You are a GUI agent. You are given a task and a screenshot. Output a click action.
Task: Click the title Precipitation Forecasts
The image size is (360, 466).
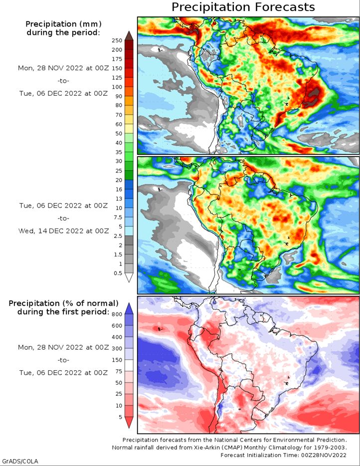[x=243, y=7]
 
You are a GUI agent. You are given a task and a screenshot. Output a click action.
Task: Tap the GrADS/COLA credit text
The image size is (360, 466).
[x=19, y=461]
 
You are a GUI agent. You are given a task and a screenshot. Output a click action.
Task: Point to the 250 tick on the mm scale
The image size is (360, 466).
[x=117, y=41]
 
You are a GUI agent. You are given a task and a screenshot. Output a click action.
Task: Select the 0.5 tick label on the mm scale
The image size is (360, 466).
[x=118, y=273]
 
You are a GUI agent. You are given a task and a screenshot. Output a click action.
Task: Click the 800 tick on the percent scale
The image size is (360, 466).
[x=117, y=314]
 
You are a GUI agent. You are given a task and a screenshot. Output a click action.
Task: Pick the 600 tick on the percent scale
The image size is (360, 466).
[x=117, y=326]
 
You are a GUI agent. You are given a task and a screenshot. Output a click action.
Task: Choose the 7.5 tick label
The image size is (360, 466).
[x=118, y=217]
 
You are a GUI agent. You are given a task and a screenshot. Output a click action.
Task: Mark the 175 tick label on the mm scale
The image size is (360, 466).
[x=117, y=59]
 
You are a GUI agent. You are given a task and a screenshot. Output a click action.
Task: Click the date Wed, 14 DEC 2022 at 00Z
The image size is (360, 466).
[x=63, y=231]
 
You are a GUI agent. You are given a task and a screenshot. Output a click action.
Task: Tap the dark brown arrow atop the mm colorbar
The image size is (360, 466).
[x=129, y=35]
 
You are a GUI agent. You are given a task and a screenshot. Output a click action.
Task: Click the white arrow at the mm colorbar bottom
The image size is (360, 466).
[x=129, y=277]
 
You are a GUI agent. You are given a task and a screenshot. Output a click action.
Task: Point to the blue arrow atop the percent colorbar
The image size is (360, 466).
[x=129, y=309]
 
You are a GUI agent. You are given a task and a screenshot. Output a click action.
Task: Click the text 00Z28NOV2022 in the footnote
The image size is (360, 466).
[x=324, y=455]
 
